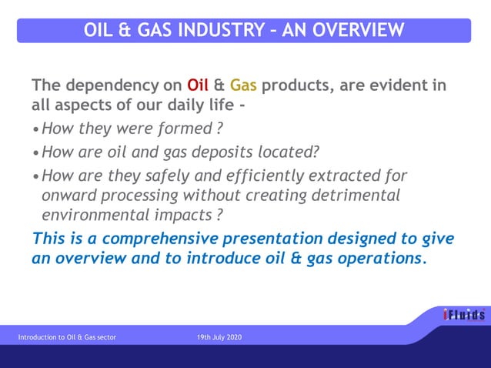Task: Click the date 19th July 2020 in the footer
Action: (219, 337)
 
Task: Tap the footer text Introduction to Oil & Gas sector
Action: (68, 337)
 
